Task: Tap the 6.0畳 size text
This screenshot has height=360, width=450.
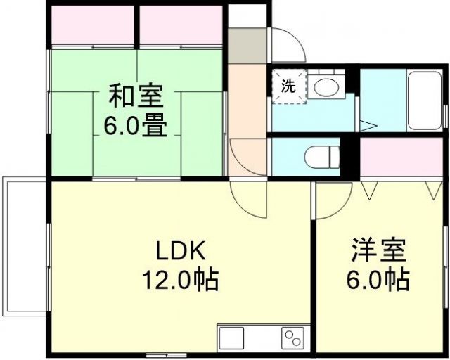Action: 136,127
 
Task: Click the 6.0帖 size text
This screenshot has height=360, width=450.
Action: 378,281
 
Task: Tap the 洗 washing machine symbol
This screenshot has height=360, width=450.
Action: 289,87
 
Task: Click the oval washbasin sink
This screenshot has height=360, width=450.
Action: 325,88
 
